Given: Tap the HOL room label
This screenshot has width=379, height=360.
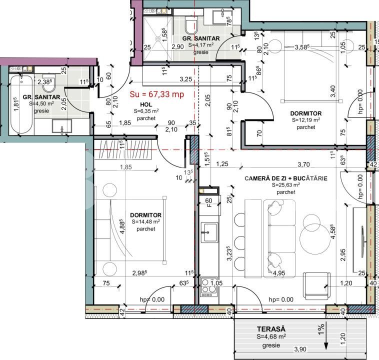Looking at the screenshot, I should coord(145,104).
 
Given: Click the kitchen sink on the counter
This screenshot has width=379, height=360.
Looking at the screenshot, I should coord(208,232).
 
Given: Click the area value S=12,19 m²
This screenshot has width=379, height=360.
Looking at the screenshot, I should coord(305,120).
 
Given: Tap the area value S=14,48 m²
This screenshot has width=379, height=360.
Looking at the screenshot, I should coord(145,221).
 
